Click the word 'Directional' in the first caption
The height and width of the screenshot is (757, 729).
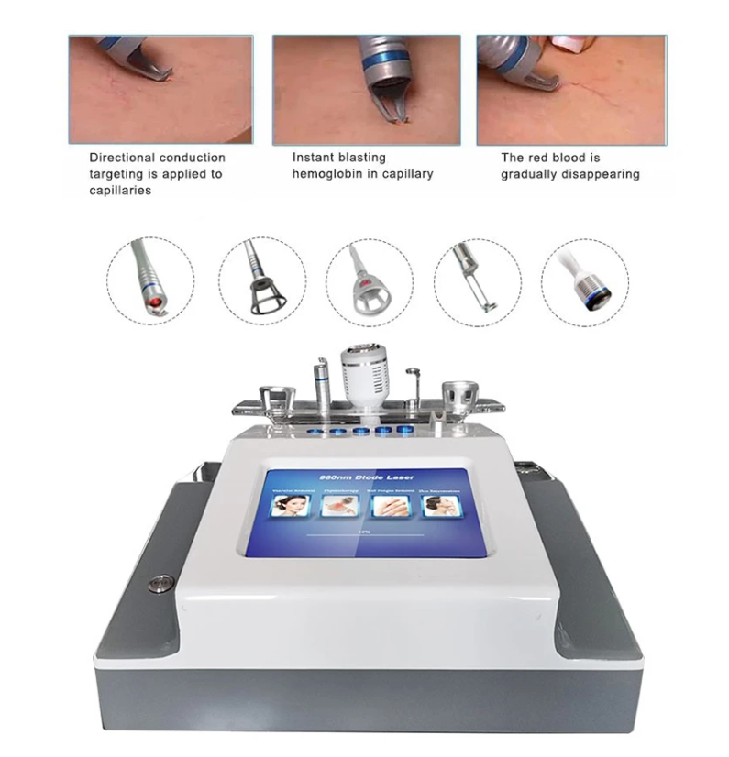tap(121, 158)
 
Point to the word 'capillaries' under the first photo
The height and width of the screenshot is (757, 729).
tap(120, 190)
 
